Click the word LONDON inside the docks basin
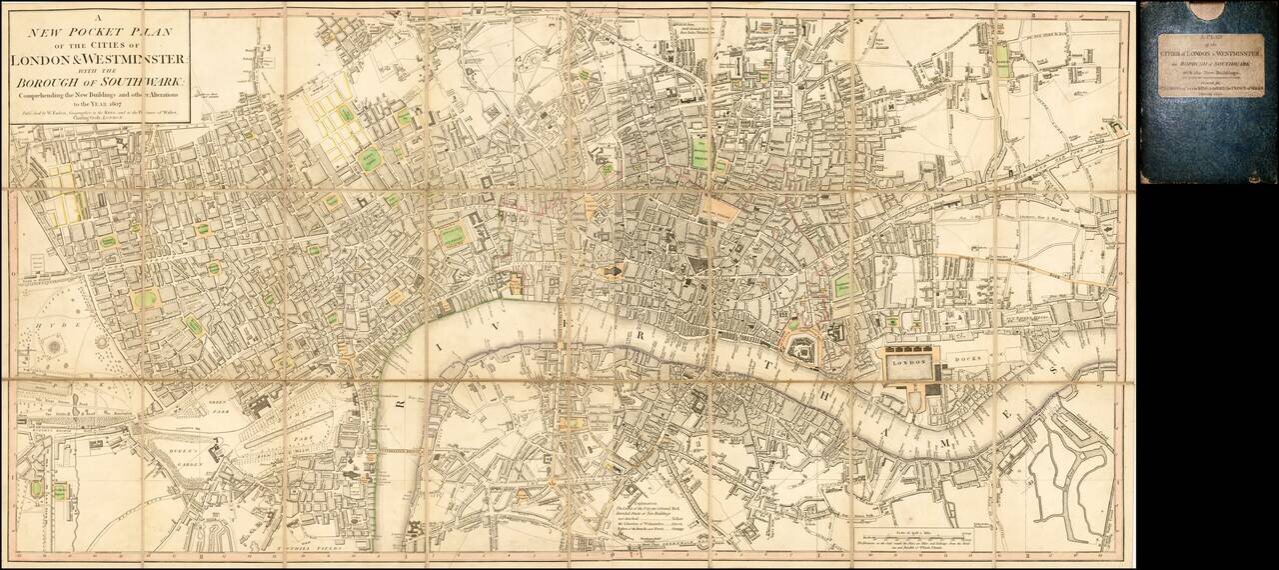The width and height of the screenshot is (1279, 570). point(903,367)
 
